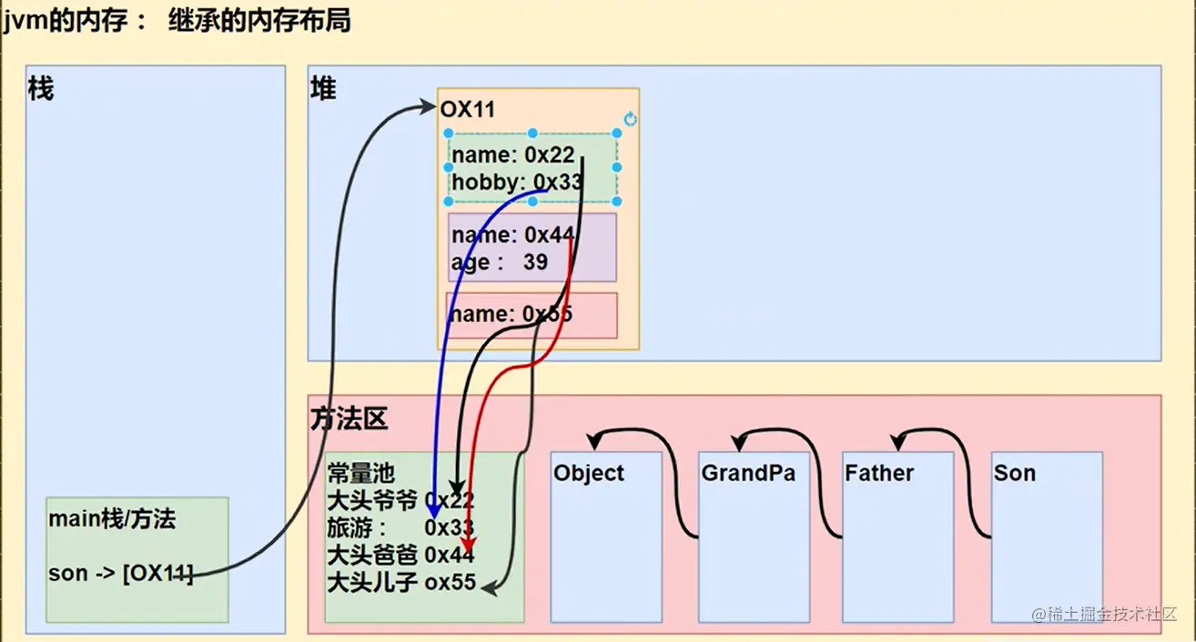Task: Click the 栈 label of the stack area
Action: coord(40,89)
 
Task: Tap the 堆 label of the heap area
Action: coord(323,89)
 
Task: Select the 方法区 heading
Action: coord(349,418)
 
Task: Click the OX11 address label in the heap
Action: coord(467,110)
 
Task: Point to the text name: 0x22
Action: coord(513,155)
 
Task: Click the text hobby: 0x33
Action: coord(516,182)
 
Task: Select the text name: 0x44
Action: coord(512,235)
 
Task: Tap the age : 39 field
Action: coord(499,262)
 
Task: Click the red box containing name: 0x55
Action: coord(531,315)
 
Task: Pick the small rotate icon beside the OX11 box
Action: coord(630,119)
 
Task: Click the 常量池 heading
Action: coord(361,473)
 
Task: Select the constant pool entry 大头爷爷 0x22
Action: coord(400,500)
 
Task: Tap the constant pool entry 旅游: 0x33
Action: coord(400,527)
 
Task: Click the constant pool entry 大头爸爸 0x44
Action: coord(400,554)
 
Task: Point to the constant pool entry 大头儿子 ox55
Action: coord(400,581)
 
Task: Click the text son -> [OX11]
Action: coord(121,574)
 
